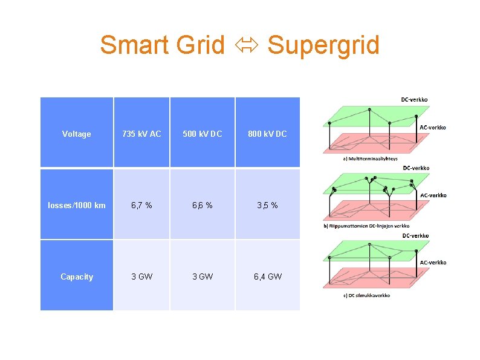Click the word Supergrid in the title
(x=323, y=45)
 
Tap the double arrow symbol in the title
(x=245, y=46)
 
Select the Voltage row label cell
(x=77, y=134)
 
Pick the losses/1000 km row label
(x=77, y=205)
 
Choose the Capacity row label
(x=77, y=277)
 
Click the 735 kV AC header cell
(x=141, y=134)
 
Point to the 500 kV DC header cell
(x=202, y=134)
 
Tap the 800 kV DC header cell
(x=267, y=134)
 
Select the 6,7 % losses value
(x=141, y=205)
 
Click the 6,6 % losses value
(x=202, y=205)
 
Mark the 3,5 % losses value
(x=267, y=205)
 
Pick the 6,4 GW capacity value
(x=267, y=277)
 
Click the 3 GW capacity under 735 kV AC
(x=141, y=277)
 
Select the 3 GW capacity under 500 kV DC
(x=202, y=277)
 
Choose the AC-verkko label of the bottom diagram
(x=433, y=263)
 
